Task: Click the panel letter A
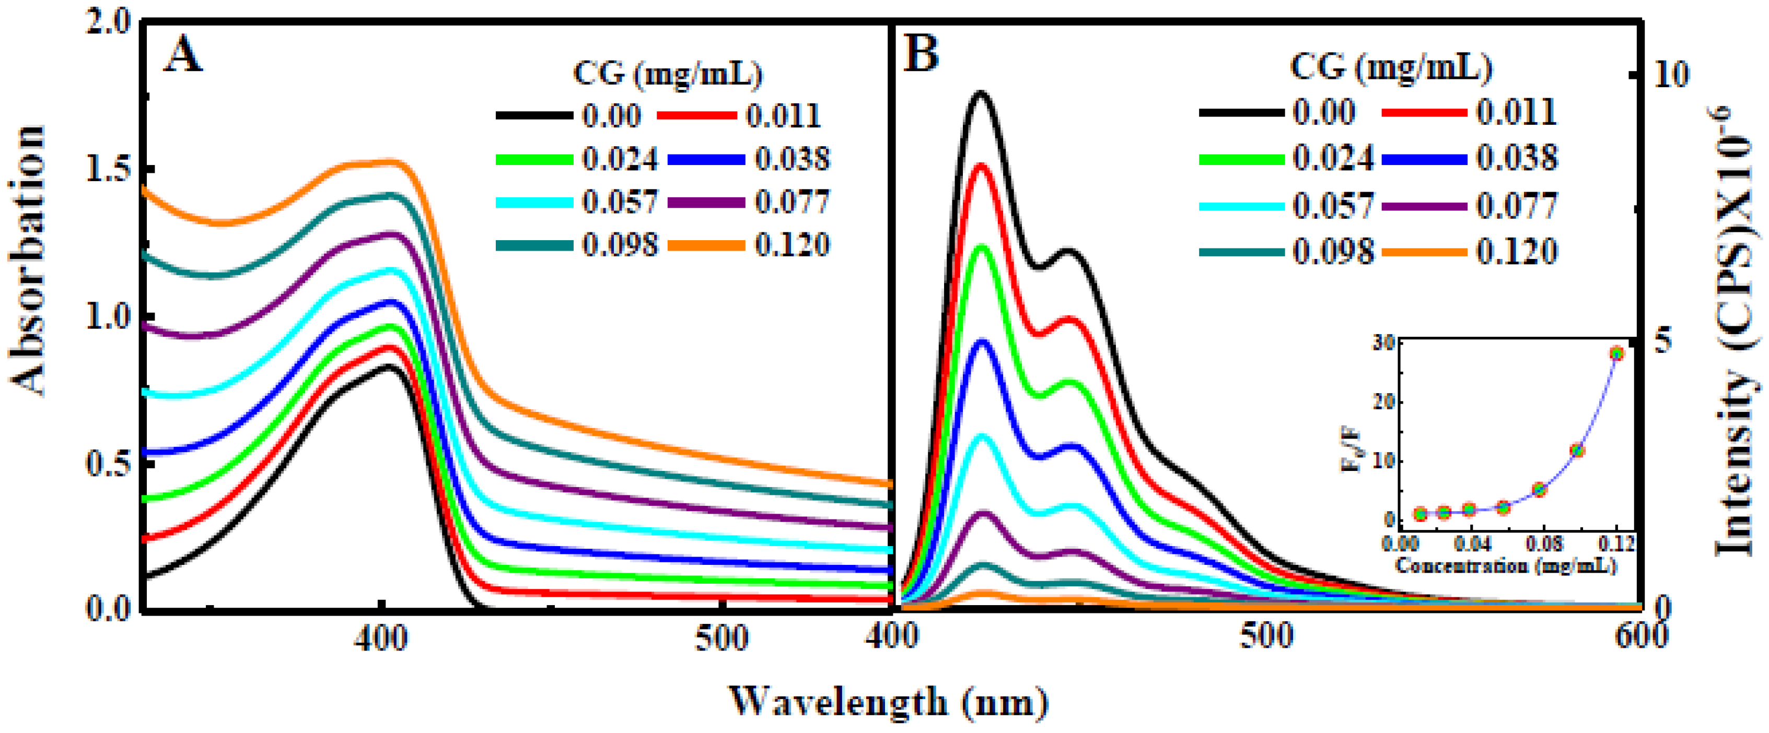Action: [183, 55]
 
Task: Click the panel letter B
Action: [920, 54]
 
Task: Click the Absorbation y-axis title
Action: [29, 261]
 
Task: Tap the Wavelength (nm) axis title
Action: [889, 702]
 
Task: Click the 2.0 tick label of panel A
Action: [110, 23]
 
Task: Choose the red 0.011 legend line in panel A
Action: [696, 115]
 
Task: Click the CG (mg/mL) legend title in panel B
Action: [1391, 67]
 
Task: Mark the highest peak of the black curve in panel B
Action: [981, 92]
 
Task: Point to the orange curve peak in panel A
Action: [391, 162]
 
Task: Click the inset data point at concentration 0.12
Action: [1617, 353]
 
